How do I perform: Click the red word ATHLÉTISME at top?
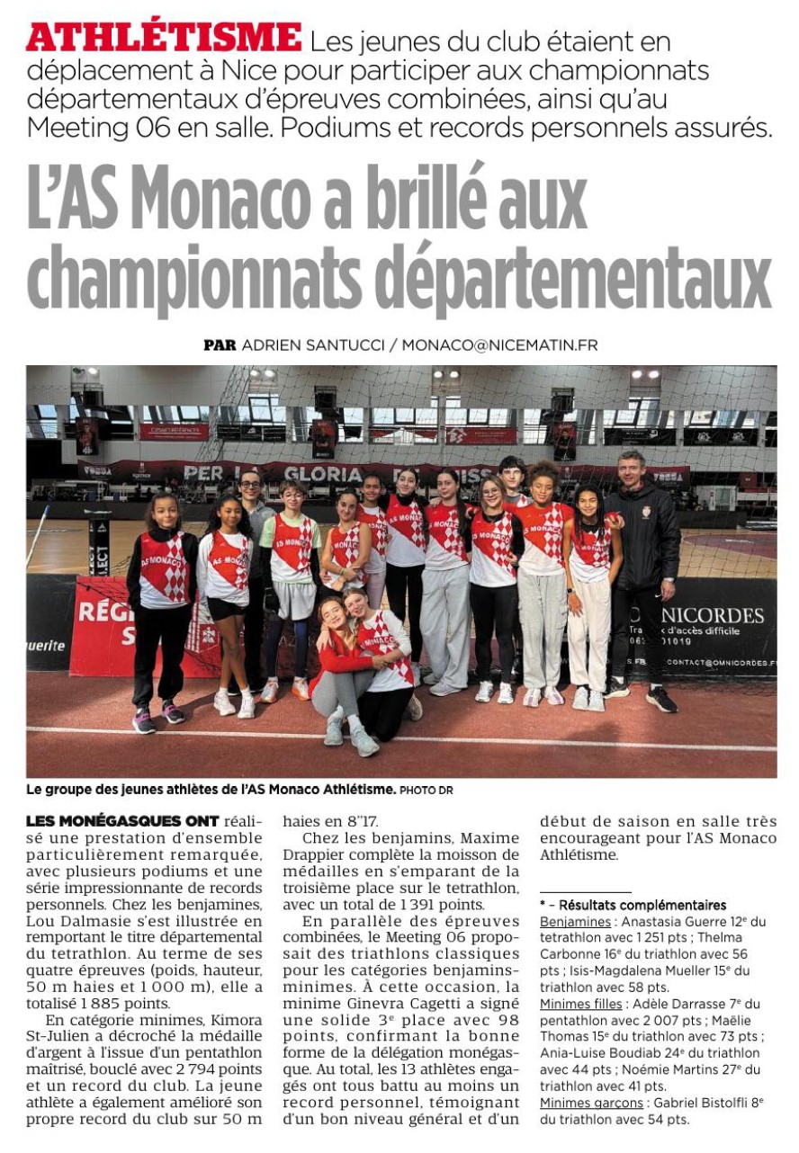pos(164,38)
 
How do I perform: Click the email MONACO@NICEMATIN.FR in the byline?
pos(499,345)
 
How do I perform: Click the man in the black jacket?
pos(644,576)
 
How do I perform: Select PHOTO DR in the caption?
pos(427,790)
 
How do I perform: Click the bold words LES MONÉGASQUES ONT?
pos(122,820)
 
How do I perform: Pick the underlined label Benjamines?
pos(574,922)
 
